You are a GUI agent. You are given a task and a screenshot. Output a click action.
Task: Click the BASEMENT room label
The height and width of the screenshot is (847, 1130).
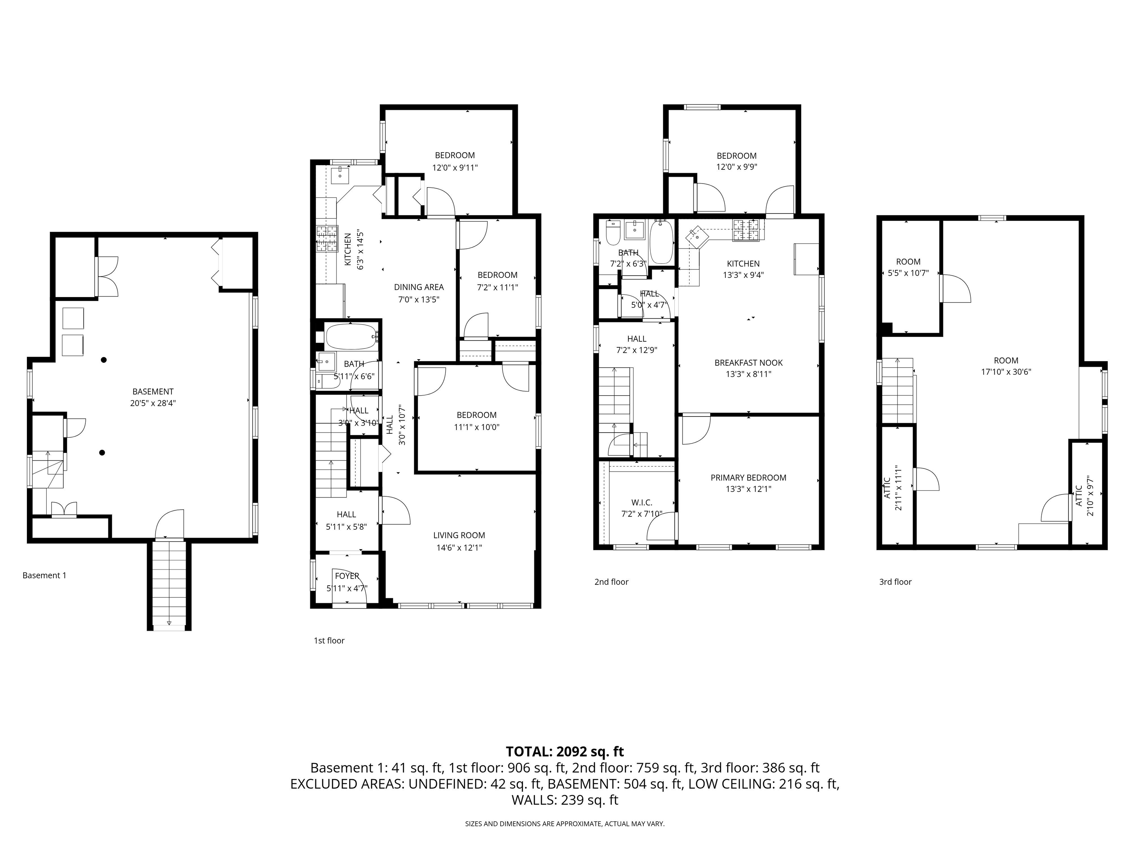click(x=153, y=392)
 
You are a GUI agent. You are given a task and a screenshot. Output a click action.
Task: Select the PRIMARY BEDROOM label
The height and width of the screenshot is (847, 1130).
click(x=749, y=478)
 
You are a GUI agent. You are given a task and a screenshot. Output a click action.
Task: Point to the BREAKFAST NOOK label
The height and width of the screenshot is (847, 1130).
click(x=749, y=362)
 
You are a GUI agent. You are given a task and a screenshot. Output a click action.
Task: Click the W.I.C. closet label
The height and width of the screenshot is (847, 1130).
click(x=642, y=503)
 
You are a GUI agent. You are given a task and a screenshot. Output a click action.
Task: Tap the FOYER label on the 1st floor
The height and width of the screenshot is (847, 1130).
click(x=347, y=576)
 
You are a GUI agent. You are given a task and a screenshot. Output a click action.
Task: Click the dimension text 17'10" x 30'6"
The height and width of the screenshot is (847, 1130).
click(x=1006, y=372)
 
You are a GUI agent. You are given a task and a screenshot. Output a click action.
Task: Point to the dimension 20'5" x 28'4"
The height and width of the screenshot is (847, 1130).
click(x=153, y=403)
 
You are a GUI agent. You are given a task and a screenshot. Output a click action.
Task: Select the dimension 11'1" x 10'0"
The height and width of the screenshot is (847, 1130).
click(x=477, y=427)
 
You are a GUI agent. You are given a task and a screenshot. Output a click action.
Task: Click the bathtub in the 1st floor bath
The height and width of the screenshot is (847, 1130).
click(x=351, y=336)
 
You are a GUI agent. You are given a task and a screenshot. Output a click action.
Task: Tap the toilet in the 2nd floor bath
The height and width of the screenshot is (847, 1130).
click(x=612, y=232)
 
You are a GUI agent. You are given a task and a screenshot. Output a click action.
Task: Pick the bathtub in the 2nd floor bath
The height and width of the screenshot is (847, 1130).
click(x=661, y=242)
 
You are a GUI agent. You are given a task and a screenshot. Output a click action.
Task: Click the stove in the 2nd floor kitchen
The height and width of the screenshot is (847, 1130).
click(x=746, y=230)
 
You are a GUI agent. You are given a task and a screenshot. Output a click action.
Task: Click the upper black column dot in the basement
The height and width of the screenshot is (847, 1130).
click(x=104, y=360)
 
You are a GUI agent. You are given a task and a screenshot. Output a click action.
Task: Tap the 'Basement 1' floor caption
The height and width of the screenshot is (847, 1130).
click(x=45, y=575)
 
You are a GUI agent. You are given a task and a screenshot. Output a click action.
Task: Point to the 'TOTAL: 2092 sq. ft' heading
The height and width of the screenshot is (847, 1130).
click(x=565, y=751)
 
